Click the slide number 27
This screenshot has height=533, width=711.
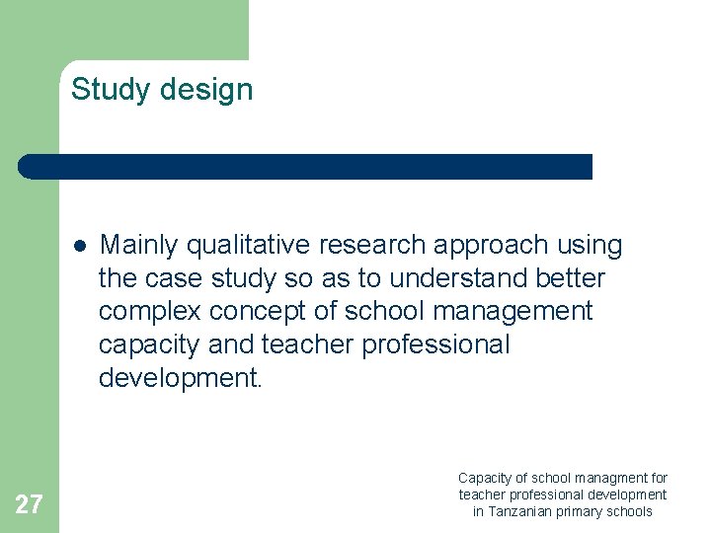(29, 505)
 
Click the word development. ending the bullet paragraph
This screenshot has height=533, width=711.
(181, 379)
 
